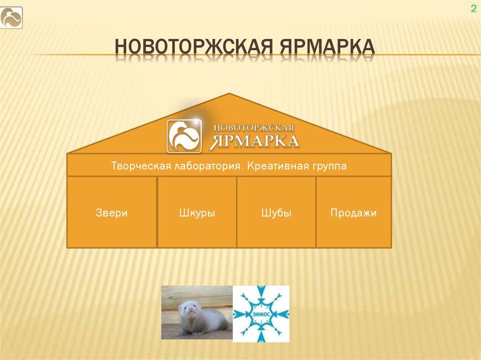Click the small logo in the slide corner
[11, 18]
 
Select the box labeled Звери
[112, 213]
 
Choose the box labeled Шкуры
[197, 213]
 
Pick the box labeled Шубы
[276, 213]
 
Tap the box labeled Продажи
[353, 213]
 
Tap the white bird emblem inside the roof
[184, 136]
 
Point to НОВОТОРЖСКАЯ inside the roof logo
[254, 128]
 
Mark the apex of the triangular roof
[229, 94]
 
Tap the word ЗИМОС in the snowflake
[261, 314]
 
